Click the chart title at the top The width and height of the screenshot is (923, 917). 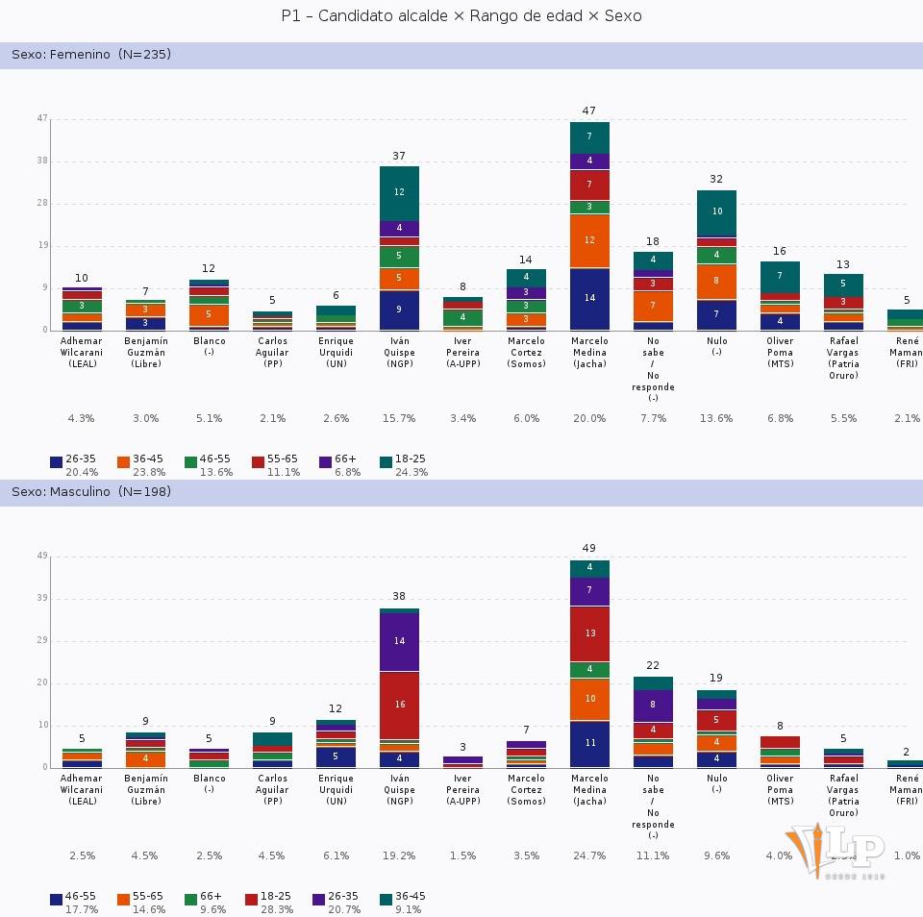[x=461, y=16]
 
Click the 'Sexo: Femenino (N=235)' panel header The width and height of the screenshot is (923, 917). [x=91, y=55]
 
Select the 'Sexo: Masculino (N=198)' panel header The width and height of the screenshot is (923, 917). [x=92, y=492]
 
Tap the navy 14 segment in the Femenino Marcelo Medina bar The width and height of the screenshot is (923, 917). [x=589, y=298]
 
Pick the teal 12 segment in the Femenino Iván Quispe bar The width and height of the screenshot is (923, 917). [x=399, y=192]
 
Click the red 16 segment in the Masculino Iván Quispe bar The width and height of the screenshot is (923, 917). [x=399, y=705]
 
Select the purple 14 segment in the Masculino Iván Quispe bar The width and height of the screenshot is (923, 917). [x=399, y=641]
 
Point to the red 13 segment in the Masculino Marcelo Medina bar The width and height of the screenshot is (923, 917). [x=589, y=633]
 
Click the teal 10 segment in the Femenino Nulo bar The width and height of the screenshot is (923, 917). [x=716, y=211]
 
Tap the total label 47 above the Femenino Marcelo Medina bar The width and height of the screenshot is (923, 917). [x=589, y=112]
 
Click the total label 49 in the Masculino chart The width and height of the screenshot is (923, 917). [x=589, y=549]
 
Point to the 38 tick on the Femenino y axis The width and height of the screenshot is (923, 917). [x=42, y=161]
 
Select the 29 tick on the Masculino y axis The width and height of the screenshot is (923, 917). [x=42, y=640]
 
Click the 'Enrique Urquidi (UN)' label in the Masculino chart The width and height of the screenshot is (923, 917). [x=336, y=790]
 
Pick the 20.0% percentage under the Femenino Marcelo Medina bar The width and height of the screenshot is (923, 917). [x=589, y=419]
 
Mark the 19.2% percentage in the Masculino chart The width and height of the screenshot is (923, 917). [x=399, y=856]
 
